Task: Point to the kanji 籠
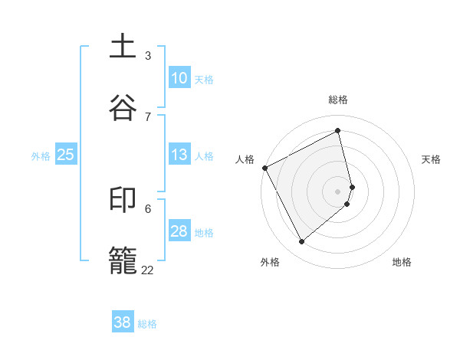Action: [124, 260]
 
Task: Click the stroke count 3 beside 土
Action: [148, 55]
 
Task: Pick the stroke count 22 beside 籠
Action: [147, 270]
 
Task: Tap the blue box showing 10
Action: [179, 78]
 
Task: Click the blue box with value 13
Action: [179, 155]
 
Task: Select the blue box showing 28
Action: [179, 231]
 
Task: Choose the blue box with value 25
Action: [66, 155]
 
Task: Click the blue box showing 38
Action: [123, 322]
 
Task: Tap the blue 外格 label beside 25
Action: [41, 156]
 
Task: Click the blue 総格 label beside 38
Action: [147, 324]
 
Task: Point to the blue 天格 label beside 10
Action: [204, 80]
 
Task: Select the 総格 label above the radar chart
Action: [338, 100]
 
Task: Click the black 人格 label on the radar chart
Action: [245, 159]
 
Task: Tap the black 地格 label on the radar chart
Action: [402, 262]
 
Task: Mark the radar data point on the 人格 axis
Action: [264, 168]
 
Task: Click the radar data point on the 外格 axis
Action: [302, 242]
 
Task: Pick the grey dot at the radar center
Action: [338, 191]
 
